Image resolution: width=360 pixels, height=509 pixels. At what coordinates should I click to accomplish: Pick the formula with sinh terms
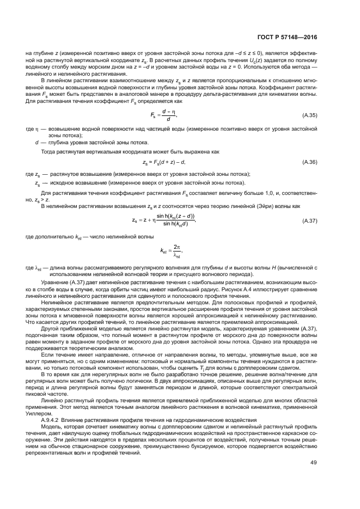pyautogui.click(x=163, y=219)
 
